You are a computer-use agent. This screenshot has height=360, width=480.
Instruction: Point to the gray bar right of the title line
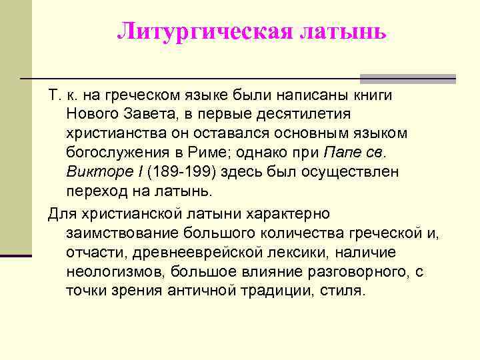click(407, 78)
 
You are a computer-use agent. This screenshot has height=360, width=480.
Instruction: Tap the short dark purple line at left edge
click(16, 255)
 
